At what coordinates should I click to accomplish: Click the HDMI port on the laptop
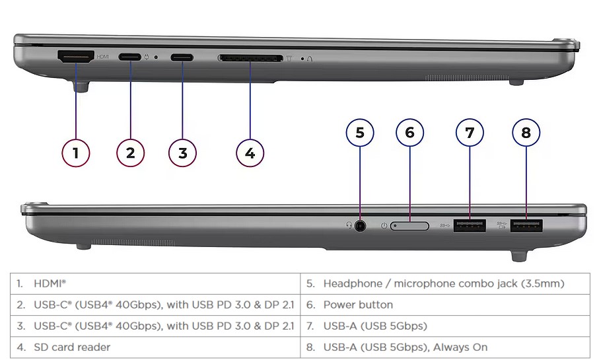[76, 57]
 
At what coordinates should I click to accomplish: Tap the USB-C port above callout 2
[129, 57]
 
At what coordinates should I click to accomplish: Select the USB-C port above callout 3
[182, 57]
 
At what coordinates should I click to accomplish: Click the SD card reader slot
[250, 58]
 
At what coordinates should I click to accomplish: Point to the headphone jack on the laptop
[360, 226]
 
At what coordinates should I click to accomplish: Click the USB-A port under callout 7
[470, 225]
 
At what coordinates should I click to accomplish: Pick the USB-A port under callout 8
[526, 226]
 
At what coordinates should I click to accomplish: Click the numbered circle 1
[76, 153]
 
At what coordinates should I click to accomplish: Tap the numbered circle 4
[250, 153]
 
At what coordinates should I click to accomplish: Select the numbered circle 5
[360, 133]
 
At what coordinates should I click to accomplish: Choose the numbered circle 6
[410, 133]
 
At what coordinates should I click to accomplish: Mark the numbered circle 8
[526, 133]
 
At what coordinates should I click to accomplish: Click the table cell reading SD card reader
[72, 347]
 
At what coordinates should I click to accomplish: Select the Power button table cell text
[358, 305]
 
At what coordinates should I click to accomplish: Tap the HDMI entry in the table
[50, 283]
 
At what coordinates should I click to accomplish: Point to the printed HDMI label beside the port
[103, 57]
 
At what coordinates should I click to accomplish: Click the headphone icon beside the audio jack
[349, 225]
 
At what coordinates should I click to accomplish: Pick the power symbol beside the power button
[384, 226]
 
